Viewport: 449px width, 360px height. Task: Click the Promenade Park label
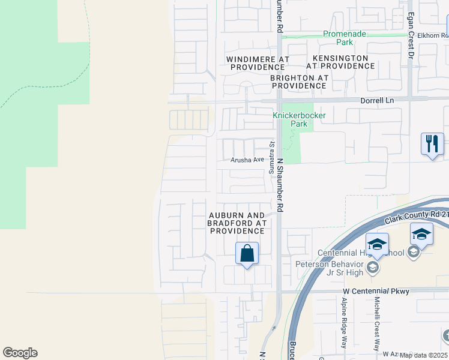pyautogui.click(x=345, y=38)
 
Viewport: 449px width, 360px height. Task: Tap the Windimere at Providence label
pyautogui.click(x=258, y=64)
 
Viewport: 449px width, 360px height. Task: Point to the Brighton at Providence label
pyautogui.click(x=298, y=82)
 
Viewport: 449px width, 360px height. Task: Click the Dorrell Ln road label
pyautogui.click(x=377, y=100)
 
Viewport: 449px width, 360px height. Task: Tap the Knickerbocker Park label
pyautogui.click(x=291, y=119)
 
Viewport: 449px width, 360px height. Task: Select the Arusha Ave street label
pyautogui.click(x=248, y=160)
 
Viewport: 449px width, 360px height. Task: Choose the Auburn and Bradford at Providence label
pyautogui.click(x=237, y=223)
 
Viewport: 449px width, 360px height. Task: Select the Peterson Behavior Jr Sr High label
pyautogui.click(x=330, y=268)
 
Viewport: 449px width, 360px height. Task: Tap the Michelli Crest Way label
pyautogui.click(x=377, y=324)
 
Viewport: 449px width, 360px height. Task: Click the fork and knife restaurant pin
pyautogui.click(x=432, y=144)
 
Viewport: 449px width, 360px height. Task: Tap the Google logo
pyautogui.click(x=20, y=353)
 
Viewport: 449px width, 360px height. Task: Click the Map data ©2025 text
pyautogui.click(x=424, y=355)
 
